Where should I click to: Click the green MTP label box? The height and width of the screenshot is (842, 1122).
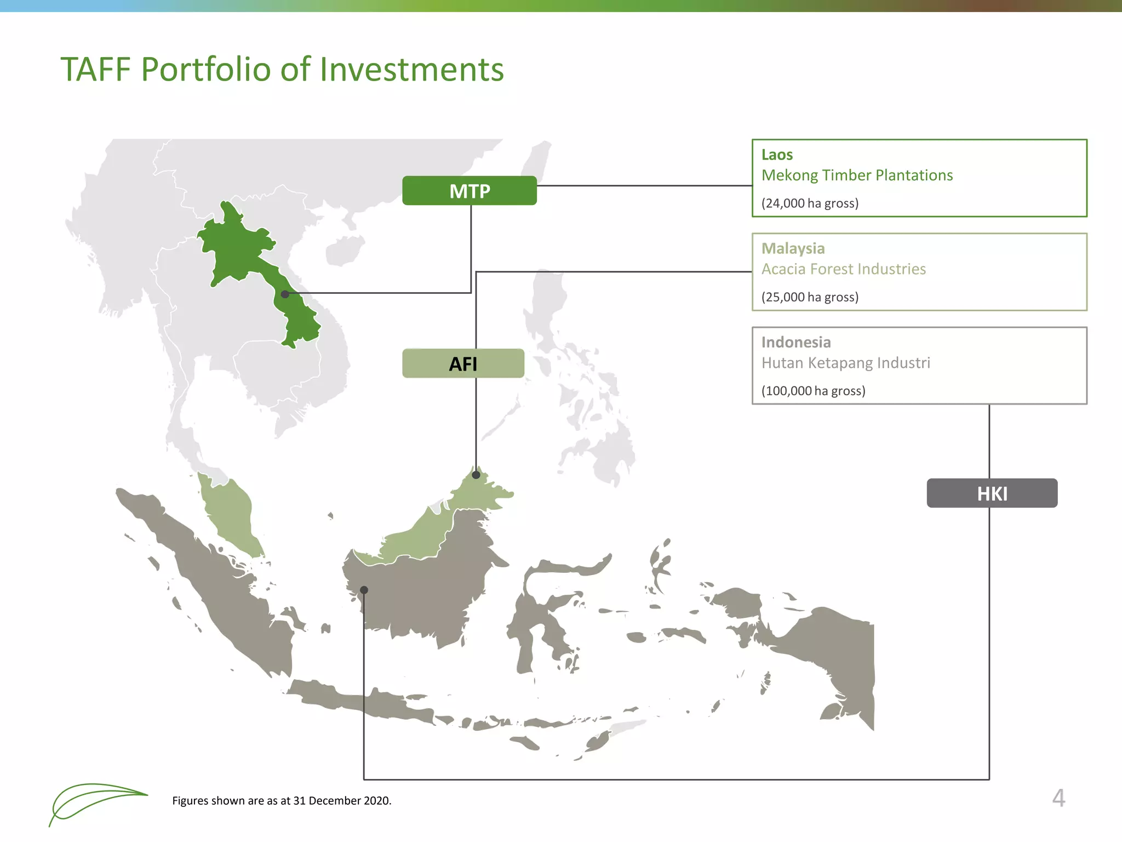coord(469,191)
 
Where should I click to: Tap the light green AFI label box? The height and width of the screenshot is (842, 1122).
coord(463,363)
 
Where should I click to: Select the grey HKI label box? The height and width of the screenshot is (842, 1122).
coord(992,493)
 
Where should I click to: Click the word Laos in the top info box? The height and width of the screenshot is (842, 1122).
coord(777,155)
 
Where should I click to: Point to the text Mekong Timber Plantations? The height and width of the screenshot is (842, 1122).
coord(857,175)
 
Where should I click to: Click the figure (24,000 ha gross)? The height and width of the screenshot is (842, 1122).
coord(810,203)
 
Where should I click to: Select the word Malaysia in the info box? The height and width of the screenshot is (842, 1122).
coord(793,249)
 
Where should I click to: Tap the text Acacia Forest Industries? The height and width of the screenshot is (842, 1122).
coord(843,269)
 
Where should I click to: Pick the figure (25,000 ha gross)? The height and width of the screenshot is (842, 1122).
coord(810,297)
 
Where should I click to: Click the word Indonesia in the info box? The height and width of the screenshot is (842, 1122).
coord(795,343)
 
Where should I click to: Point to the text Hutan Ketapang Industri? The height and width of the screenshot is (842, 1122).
coord(845,363)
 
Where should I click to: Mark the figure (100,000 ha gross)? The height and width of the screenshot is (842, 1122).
coord(813,391)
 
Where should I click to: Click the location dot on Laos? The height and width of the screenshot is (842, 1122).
coord(285,294)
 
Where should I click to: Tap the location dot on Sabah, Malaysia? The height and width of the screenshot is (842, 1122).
coord(476,475)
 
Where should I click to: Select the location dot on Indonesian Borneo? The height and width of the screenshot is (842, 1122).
coord(364,590)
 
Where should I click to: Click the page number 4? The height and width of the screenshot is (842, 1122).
coord(1058,798)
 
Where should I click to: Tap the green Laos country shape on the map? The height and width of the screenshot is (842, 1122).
coord(236,247)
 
